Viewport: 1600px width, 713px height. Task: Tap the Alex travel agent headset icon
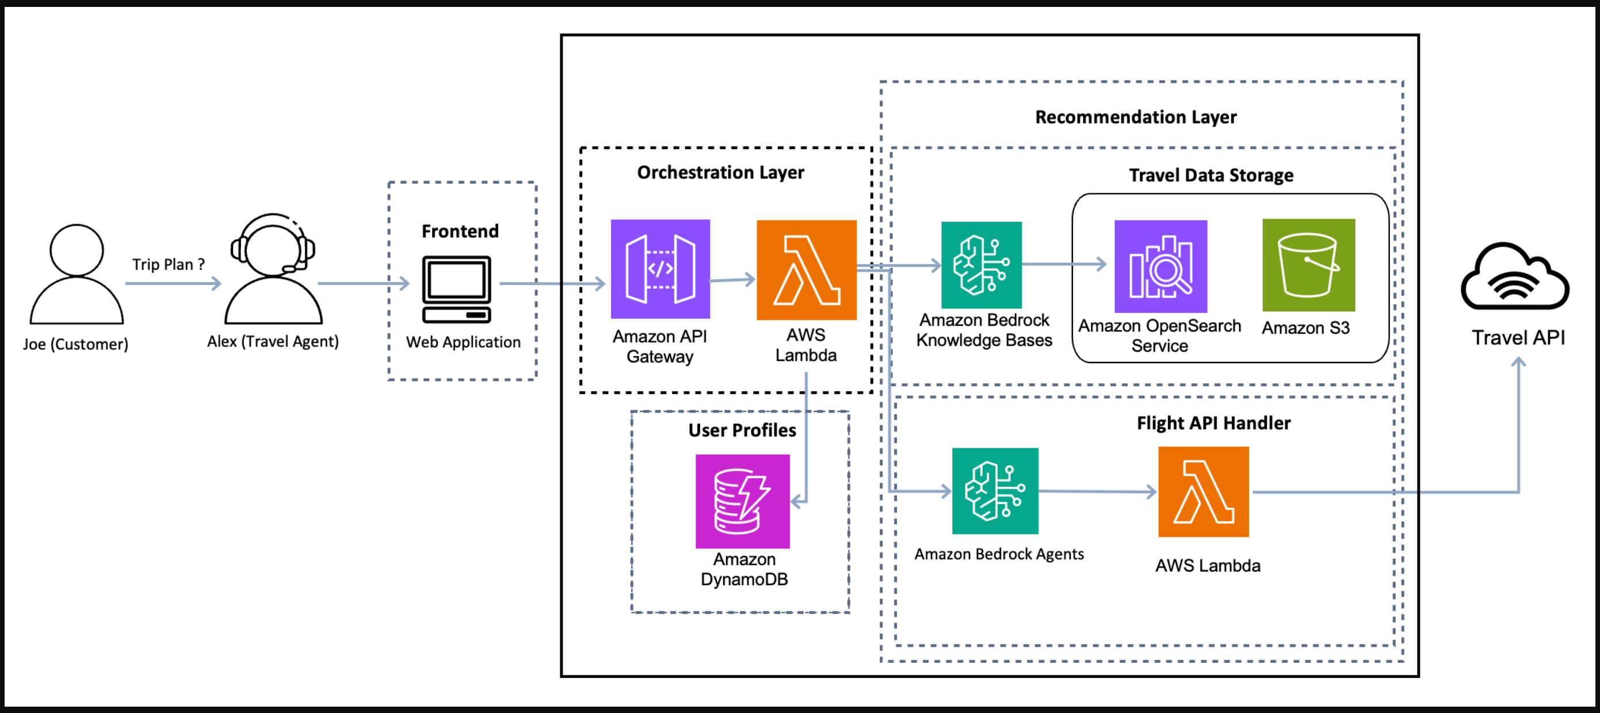point(273,268)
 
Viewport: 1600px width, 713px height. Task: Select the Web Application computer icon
point(456,289)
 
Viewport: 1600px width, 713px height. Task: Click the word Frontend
point(460,231)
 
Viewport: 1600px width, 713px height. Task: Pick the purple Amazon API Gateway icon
point(660,269)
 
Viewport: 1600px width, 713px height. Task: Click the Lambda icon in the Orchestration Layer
point(806,270)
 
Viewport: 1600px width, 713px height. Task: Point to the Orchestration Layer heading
point(720,172)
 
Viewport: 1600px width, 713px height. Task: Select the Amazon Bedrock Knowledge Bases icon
point(982,265)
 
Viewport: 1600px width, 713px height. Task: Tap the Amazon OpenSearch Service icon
point(1160,266)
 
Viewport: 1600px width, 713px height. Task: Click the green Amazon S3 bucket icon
point(1309,265)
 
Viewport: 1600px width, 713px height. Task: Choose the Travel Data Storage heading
point(1210,175)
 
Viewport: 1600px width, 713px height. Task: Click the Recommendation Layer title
point(1135,117)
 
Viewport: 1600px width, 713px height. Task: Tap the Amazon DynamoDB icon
point(742,501)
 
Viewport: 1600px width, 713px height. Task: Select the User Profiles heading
point(742,430)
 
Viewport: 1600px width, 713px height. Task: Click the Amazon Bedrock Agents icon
point(995,491)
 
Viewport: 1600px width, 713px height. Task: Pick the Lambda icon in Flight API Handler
point(1203,492)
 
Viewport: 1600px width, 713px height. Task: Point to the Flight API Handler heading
point(1213,423)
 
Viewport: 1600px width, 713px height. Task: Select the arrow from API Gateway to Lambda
point(733,280)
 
